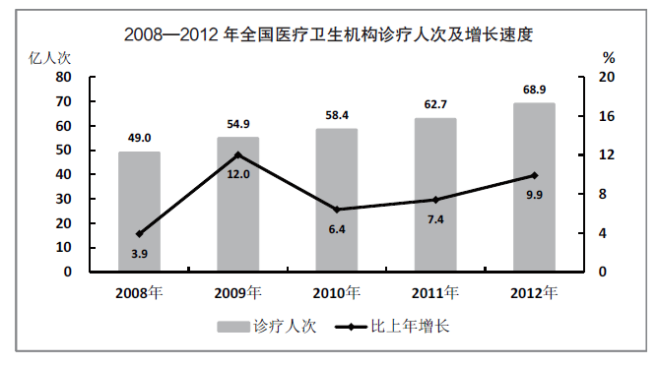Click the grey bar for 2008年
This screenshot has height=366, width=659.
[x=139, y=212]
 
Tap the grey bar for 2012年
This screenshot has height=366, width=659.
[x=534, y=187]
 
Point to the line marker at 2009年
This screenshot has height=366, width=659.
[x=237, y=154]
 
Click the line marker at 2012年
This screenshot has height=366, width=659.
[x=534, y=175]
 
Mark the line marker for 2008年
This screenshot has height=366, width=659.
[x=139, y=234]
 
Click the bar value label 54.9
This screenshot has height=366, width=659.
[x=237, y=125]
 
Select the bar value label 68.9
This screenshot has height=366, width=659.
[x=534, y=91]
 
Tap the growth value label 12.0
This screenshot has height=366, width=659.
[x=238, y=174]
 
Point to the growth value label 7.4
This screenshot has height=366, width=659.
[x=435, y=219]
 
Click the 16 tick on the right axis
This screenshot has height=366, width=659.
[x=608, y=116]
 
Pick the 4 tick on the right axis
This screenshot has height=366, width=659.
[x=608, y=233]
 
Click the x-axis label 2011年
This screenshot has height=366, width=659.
[x=435, y=293]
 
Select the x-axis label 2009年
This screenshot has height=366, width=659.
[x=237, y=293]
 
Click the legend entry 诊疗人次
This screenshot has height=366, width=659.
[x=260, y=327]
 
